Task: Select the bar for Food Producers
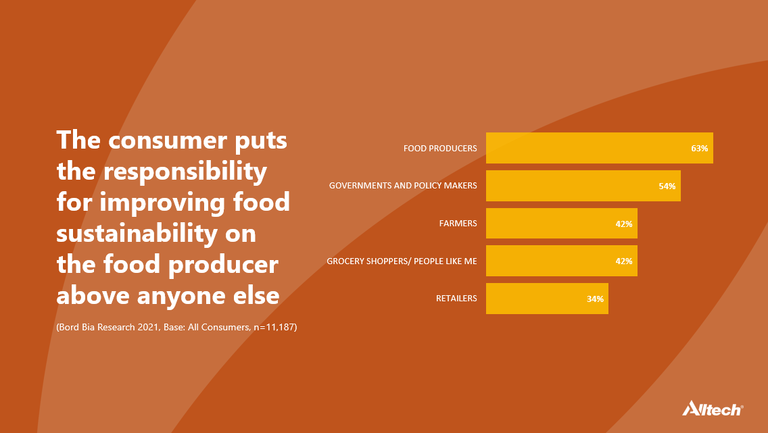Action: pos(600,148)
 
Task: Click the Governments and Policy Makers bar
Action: pos(583,186)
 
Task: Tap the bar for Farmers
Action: pos(562,223)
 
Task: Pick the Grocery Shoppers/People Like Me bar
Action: pos(562,261)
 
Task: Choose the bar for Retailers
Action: pos(547,299)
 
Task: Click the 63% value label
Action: pos(700,148)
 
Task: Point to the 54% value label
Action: pos(667,186)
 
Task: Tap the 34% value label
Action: pos(595,299)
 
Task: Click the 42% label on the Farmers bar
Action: pos(624,224)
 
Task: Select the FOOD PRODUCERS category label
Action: pos(440,148)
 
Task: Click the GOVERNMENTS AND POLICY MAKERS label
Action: pos(403,186)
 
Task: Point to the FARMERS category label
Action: pos(458,223)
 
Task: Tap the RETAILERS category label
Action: pos(456,298)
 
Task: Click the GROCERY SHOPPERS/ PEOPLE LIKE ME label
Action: pos(402,261)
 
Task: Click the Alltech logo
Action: pos(713,408)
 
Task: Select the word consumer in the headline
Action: pos(168,141)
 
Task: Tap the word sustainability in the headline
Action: pos(137,234)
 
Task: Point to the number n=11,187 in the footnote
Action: pos(274,327)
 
